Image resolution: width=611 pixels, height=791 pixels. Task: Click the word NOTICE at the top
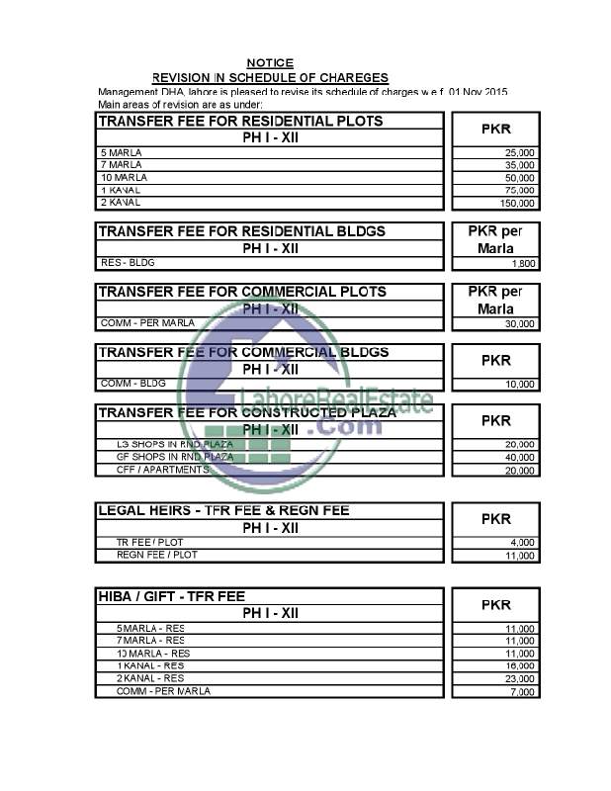(270, 62)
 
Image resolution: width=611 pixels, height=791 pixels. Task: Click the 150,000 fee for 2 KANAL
(517, 203)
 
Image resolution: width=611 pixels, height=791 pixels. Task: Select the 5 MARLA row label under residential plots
(122, 153)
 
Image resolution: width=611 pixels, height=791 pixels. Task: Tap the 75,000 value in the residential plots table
(520, 190)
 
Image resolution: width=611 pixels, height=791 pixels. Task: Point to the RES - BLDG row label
(129, 263)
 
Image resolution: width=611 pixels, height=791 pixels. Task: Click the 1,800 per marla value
(523, 264)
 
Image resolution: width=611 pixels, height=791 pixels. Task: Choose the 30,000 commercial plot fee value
(520, 323)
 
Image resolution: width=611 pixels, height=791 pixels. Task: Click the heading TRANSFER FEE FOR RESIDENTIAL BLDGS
(241, 230)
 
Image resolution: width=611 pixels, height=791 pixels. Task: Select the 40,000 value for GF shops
(520, 457)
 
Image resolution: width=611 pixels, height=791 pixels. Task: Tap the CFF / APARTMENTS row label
(162, 470)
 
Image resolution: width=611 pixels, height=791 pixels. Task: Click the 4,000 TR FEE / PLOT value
(523, 542)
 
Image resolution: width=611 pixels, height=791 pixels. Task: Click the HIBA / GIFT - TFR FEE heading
(172, 596)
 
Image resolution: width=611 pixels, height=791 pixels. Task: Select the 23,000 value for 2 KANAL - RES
(520, 678)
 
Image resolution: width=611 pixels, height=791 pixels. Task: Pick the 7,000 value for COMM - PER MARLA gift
(523, 691)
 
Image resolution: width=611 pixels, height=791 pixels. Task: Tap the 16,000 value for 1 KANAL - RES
(520, 666)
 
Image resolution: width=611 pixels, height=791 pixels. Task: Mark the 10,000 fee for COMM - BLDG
(520, 384)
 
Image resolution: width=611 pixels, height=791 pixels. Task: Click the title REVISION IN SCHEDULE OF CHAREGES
(270, 77)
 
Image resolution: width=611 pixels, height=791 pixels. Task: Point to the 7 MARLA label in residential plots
(122, 165)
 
